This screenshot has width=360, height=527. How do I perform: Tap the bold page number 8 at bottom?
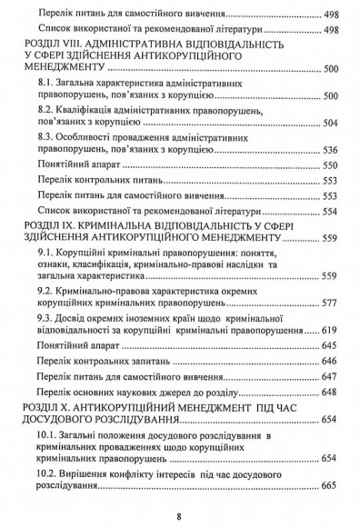180,515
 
